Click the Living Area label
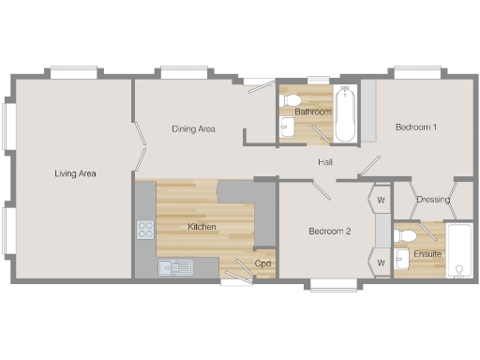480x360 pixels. [x=75, y=173]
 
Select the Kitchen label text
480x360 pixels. [x=202, y=227]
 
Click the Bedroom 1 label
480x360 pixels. [x=415, y=127]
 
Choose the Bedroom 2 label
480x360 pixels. [x=330, y=231]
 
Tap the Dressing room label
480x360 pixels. [x=432, y=199]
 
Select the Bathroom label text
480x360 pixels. [x=312, y=112]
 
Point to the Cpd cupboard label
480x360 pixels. [x=263, y=262]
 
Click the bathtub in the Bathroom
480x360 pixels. [x=345, y=114]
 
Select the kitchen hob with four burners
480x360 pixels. [x=145, y=229]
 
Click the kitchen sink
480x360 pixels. [x=175, y=268]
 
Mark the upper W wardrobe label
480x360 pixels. [x=382, y=199]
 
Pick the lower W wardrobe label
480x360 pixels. [x=382, y=262]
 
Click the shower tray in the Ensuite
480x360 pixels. [x=459, y=251]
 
